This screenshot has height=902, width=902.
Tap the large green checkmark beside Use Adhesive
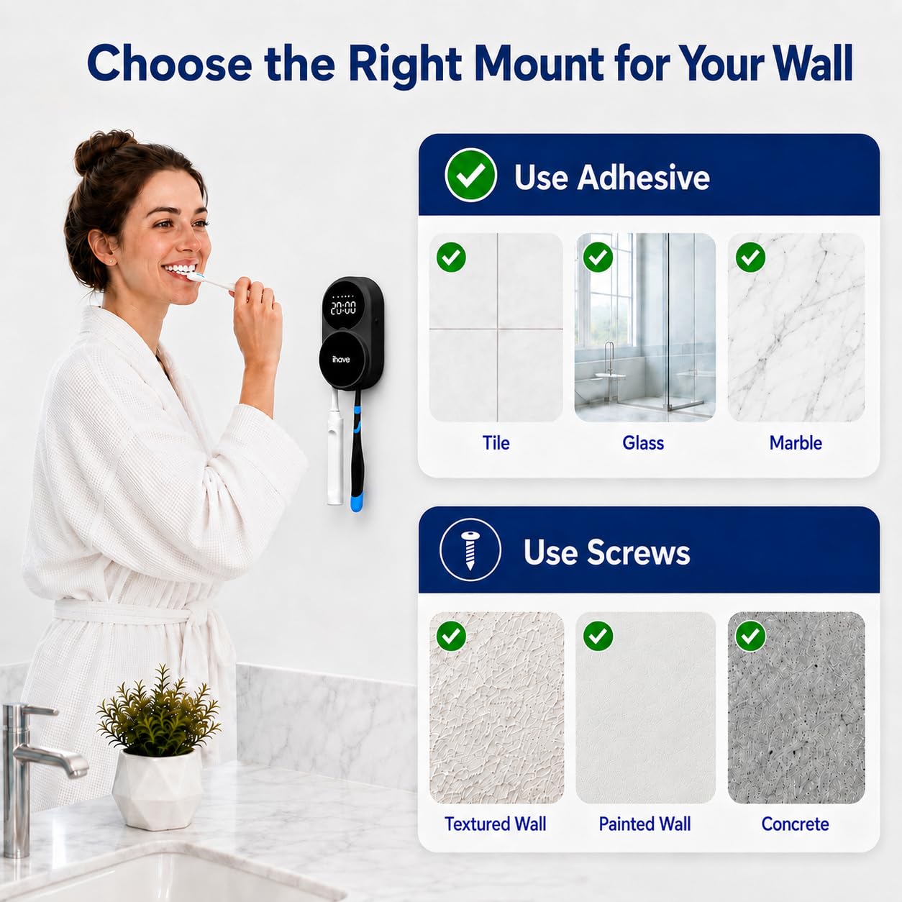[470, 175]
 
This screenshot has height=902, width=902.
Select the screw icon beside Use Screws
[470, 550]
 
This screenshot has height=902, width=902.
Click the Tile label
[496, 442]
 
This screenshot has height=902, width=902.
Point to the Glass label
[643, 442]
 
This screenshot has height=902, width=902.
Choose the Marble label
[796, 442]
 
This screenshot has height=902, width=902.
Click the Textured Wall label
[496, 824]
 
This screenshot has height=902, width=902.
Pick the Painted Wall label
[644, 824]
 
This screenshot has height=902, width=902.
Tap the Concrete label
[796, 824]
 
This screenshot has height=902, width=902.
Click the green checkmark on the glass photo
[598, 257]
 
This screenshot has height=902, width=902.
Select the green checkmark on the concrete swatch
[750, 636]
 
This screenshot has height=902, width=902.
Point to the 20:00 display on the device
[343, 308]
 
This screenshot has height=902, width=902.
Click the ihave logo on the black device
[341, 359]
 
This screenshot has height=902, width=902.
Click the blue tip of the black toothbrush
[357, 499]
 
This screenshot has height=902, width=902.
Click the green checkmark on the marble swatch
[750, 257]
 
